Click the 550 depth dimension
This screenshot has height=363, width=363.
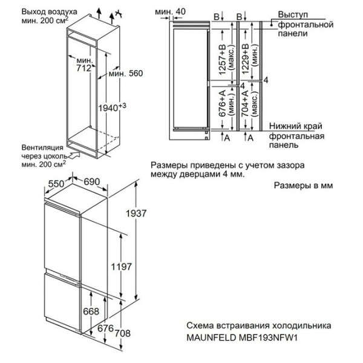coord(57,182)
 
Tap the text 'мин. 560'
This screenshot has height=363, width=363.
coord(125,74)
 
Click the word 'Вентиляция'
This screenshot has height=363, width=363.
coord(41,146)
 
